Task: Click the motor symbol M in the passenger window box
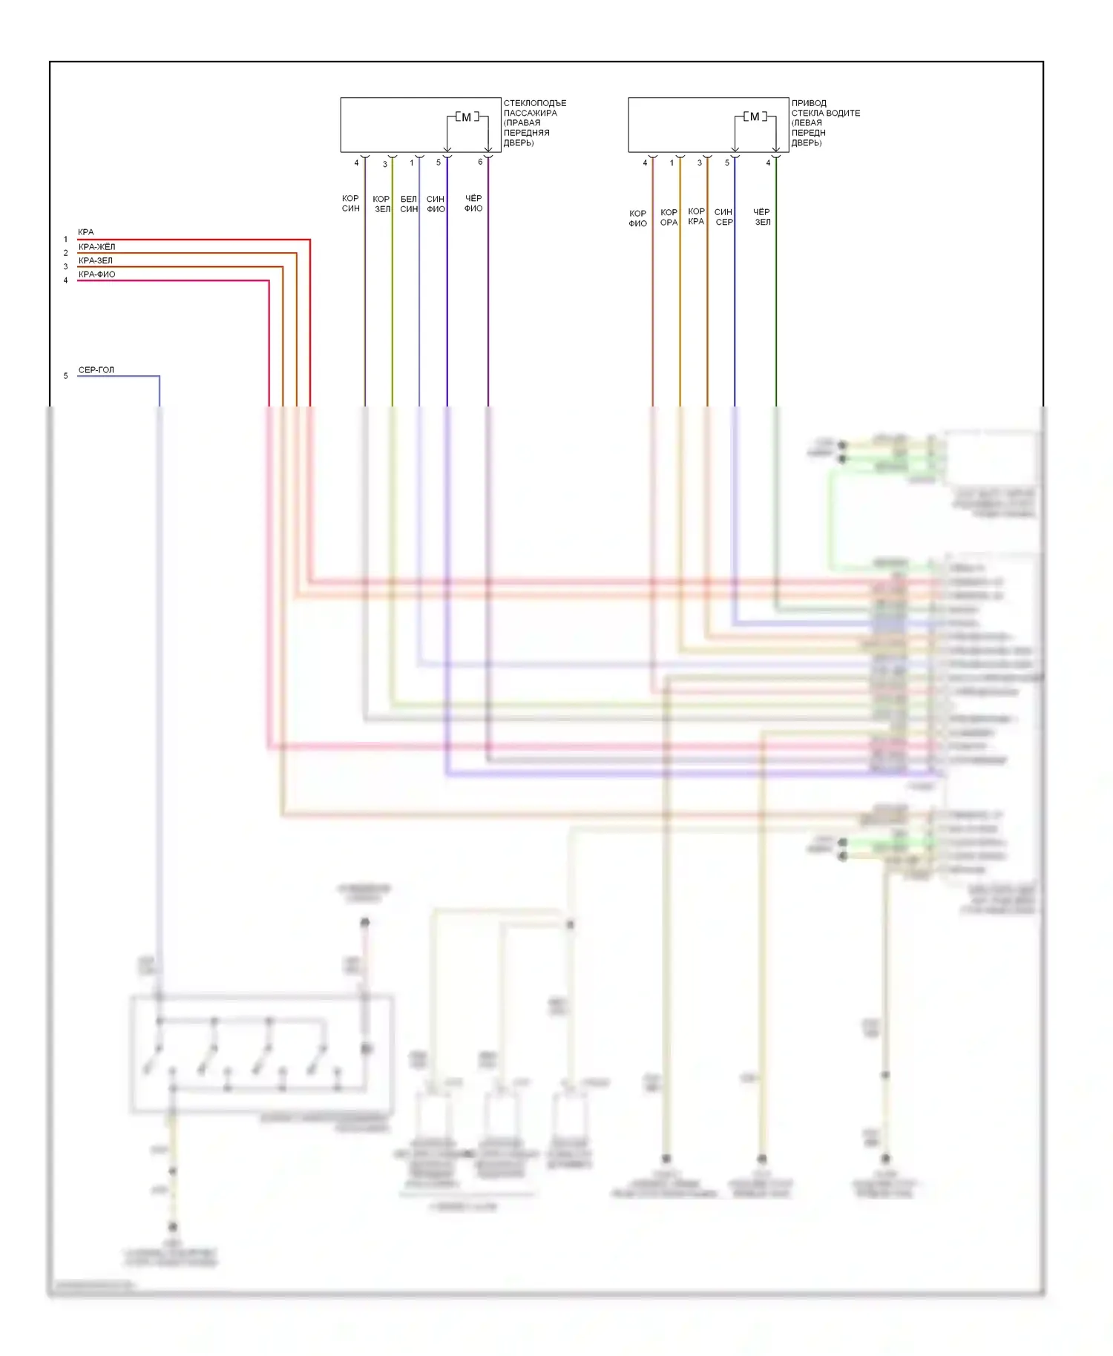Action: click(466, 117)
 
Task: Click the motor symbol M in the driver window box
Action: click(754, 117)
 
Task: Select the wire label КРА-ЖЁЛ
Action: click(96, 247)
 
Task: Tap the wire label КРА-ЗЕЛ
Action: click(96, 261)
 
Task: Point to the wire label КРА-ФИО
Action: click(96, 274)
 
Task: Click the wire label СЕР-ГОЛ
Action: click(96, 370)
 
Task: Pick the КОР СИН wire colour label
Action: click(350, 204)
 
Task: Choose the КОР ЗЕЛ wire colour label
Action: click(381, 204)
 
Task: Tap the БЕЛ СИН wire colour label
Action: click(409, 204)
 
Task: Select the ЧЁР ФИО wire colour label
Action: click(473, 204)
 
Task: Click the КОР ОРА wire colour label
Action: click(669, 217)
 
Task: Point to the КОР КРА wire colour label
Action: click(696, 217)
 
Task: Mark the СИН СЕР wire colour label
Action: click(723, 217)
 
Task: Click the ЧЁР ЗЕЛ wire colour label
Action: click(762, 217)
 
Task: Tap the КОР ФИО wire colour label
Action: click(637, 218)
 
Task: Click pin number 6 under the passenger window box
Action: click(480, 162)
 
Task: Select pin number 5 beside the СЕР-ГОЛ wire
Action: click(65, 376)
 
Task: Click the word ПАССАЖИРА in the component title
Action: click(530, 113)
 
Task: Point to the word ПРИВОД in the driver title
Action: click(809, 103)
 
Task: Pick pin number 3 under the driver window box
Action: click(699, 163)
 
